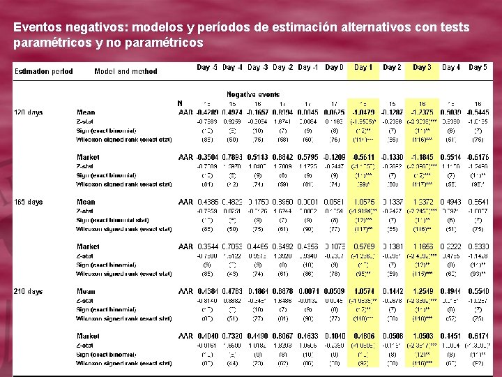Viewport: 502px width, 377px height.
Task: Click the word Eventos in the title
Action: click(x=36, y=28)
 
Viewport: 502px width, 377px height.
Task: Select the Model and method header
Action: click(x=125, y=71)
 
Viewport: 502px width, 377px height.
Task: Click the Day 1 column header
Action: click(x=363, y=68)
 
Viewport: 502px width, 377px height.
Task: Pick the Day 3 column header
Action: click(x=422, y=68)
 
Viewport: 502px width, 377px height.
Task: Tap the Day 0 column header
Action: click(x=335, y=68)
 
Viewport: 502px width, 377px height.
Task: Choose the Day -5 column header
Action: click(x=207, y=68)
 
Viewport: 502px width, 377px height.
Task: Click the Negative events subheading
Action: click(x=252, y=94)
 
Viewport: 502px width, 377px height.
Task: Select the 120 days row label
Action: click(x=29, y=112)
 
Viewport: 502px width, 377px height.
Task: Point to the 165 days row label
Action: click(x=29, y=202)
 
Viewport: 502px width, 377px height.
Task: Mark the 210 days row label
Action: click(x=29, y=291)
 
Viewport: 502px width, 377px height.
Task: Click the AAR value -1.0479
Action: click(x=363, y=112)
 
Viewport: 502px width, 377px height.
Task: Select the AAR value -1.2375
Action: click(x=422, y=112)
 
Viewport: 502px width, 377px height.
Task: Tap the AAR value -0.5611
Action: click(x=363, y=157)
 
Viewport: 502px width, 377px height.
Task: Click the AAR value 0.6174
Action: click(x=478, y=336)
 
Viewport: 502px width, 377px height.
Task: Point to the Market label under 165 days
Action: click(x=88, y=246)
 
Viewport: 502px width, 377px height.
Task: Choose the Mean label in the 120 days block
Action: click(x=86, y=112)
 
